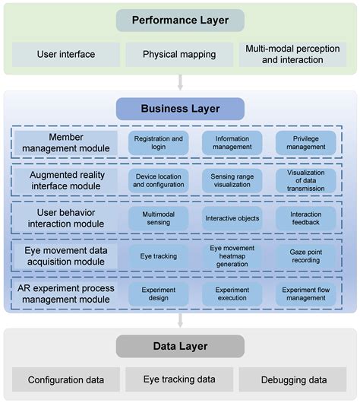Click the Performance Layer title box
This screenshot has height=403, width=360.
pyautogui.click(x=180, y=21)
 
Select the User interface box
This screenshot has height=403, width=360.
pyautogui.click(x=66, y=55)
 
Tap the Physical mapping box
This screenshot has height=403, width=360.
pyautogui.click(x=180, y=55)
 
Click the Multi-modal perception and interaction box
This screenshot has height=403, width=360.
pyautogui.click(x=292, y=55)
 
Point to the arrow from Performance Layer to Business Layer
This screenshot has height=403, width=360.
pyautogui.click(x=180, y=82)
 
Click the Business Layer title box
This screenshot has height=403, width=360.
pyautogui.click(x=180, y=109)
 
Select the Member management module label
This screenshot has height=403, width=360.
pyautogui.click(x=66, y=142)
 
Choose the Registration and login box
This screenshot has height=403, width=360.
pyautogui.click(x=158, y=143)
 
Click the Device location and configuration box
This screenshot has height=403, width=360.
pyautogui.click(x=158, y=179)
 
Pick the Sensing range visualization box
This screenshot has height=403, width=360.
pyautogui.click(x=232, y=179)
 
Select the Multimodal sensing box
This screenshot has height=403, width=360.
pyautogui.click(x=158, y=218)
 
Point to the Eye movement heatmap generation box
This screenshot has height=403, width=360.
pyautogui.click(x=232, y=256)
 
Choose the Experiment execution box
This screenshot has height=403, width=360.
pyautogui.click(x=232, y=294)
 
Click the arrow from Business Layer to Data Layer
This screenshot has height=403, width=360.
pyautogui.click(x=180, y=320)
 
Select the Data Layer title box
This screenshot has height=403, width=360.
pyautogui.click(x=180, y=347)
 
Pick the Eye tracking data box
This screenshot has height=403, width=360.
pyautogui.click(x=180, y=379)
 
